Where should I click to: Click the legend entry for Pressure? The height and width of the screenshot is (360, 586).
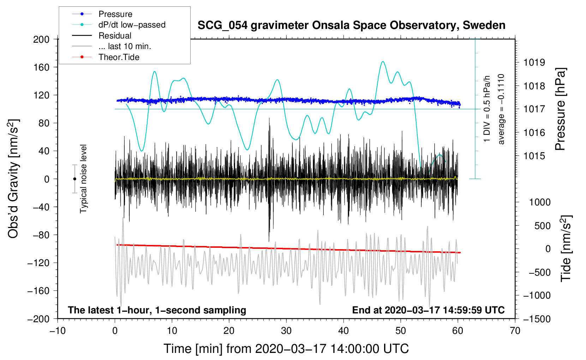[102, 14]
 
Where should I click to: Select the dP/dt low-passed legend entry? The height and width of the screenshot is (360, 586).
[119, 25]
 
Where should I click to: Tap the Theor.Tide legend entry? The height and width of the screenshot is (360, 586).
[106, 57]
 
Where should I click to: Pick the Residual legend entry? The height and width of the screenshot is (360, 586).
[102, 36]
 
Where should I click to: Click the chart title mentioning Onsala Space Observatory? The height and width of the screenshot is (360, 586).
[351, 25]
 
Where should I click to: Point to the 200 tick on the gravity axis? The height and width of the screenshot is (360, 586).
[41, 40]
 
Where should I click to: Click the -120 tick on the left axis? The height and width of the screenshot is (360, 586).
[38, 263]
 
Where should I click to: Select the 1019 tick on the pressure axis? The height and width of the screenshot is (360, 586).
[534, 62]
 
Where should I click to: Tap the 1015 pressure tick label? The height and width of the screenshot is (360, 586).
[534, 156]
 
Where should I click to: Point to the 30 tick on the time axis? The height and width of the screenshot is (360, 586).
[286, 331]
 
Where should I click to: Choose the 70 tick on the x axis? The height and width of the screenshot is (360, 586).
[515, 331]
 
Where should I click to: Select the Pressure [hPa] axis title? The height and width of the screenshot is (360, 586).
[560, 109]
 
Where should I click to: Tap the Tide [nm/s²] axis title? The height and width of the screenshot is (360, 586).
[566, 248]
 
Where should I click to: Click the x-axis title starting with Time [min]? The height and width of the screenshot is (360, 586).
[286, 349]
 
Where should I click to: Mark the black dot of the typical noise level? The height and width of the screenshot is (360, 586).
[74, 179]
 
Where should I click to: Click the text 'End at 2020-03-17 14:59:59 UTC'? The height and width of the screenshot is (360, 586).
[428, 310]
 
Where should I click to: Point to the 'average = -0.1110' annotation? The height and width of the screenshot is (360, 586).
[501, 109]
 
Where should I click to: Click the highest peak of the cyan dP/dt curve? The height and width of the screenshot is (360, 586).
[383, 61]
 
